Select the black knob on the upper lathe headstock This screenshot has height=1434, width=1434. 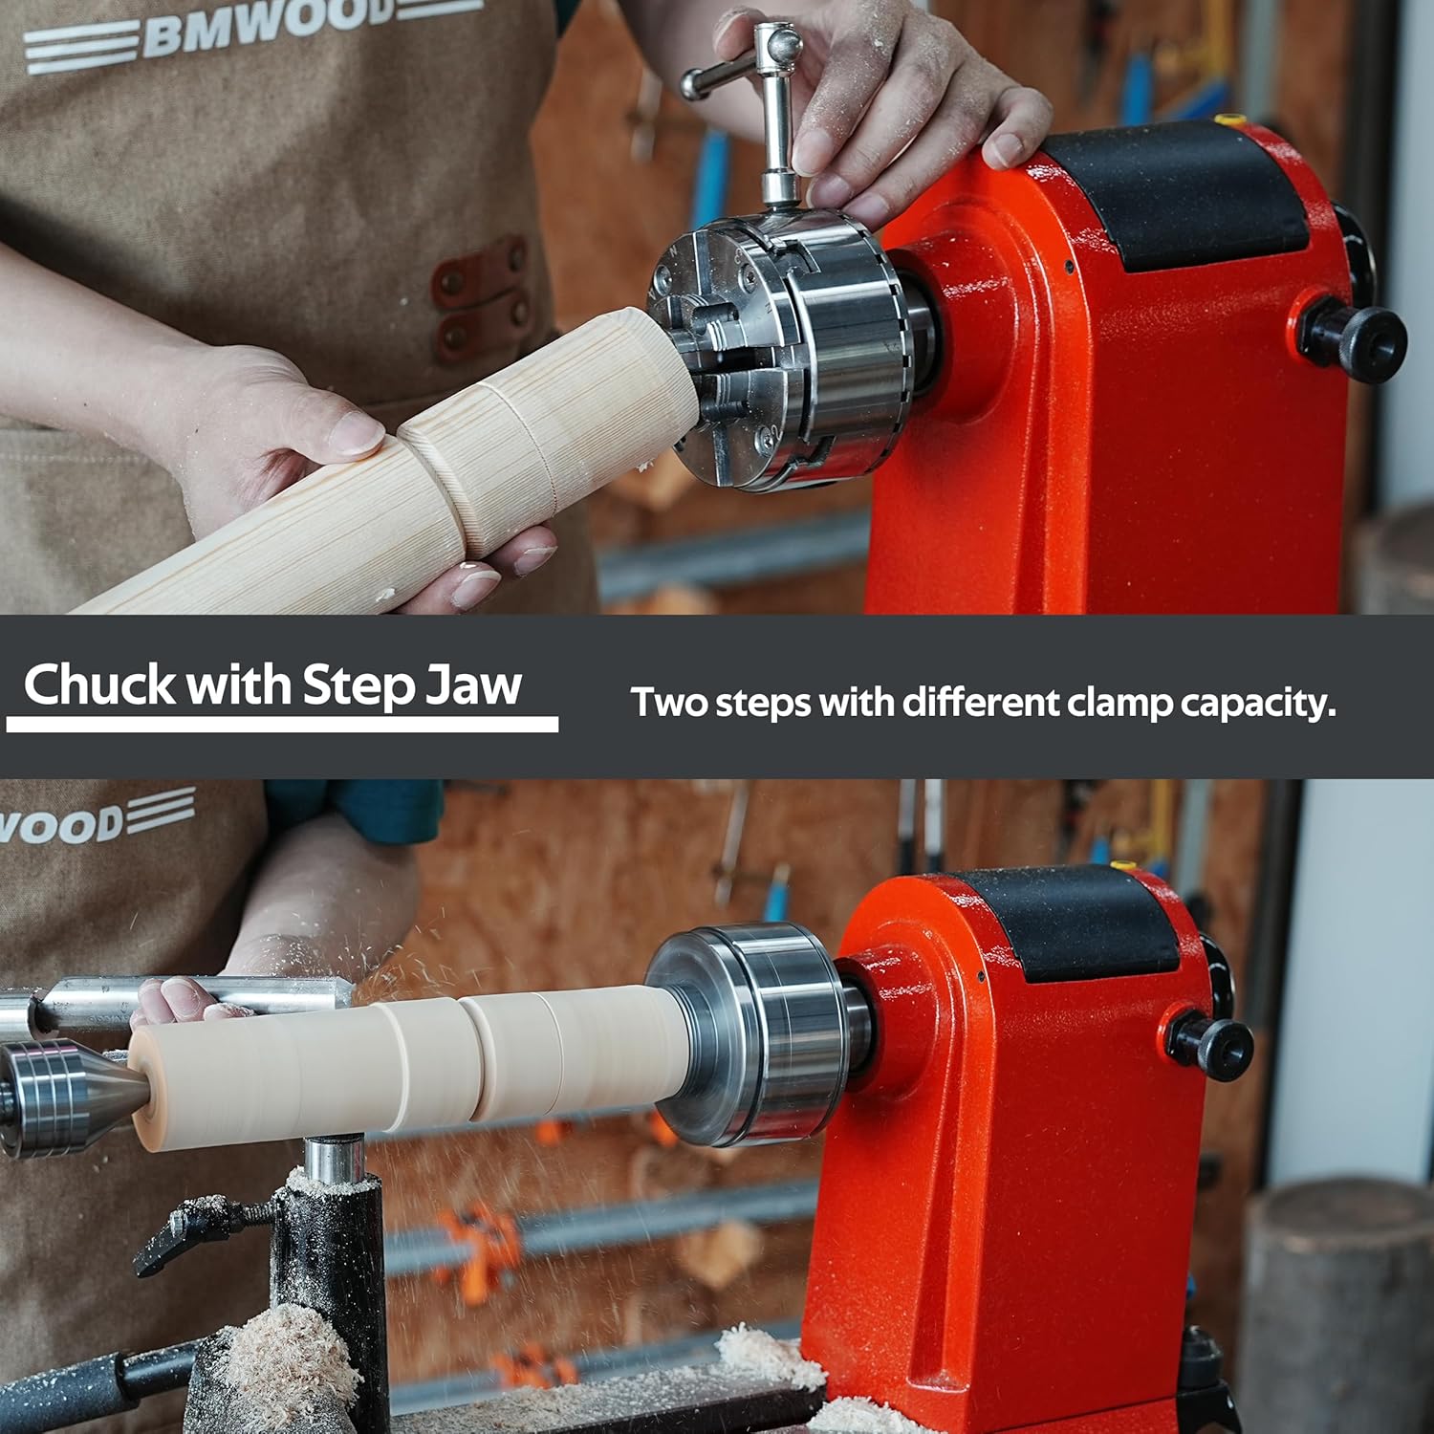(1353, 342)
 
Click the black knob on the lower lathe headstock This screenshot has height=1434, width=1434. (1208, 1045)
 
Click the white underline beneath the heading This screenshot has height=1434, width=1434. (282, 725)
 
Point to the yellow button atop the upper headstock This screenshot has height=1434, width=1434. (1229, 120)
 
